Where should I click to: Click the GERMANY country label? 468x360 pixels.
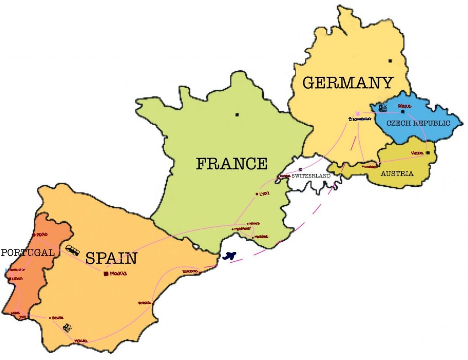pos(348,83)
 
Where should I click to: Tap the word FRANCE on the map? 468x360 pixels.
pos(232,164)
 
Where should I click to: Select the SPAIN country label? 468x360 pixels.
pos(111,259)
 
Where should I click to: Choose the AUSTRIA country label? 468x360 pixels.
pos(397,174)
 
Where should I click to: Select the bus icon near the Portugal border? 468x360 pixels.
pos(72,250)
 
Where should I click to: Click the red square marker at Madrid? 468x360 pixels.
pos(106,274)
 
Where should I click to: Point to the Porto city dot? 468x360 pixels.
pos(34,235)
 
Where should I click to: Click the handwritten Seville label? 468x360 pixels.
pos(58,318)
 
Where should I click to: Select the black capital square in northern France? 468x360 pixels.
pos(237,114)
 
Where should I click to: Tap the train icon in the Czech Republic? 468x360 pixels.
pos(383,108)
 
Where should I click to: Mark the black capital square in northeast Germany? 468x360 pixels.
pos(390,61)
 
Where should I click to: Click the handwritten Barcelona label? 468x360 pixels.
pos(190,271)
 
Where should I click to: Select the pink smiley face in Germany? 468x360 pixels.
pos(358,112)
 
